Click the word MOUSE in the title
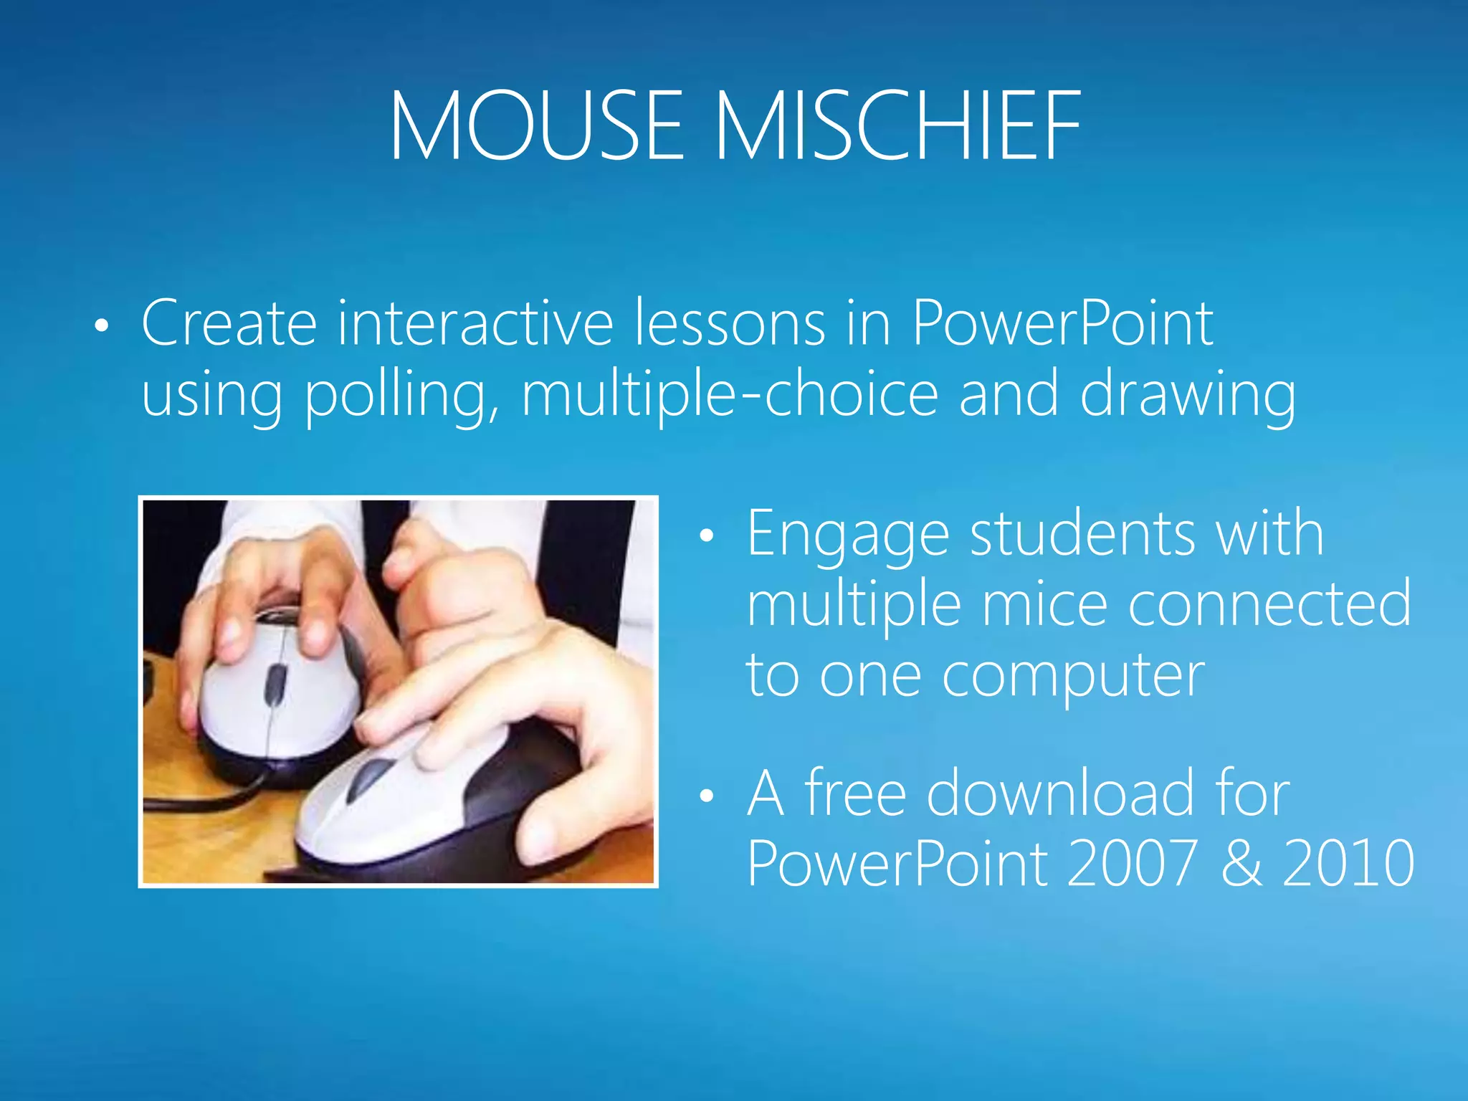[x=536, y=126]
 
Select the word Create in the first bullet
[x=229, y=323]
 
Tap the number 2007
[x=1131, y=863]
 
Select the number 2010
[x=1348, y=863]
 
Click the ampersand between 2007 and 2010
[x=1241, y=863]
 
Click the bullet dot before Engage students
[x=707, y=536]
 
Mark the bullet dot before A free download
[x=707, y=796]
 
